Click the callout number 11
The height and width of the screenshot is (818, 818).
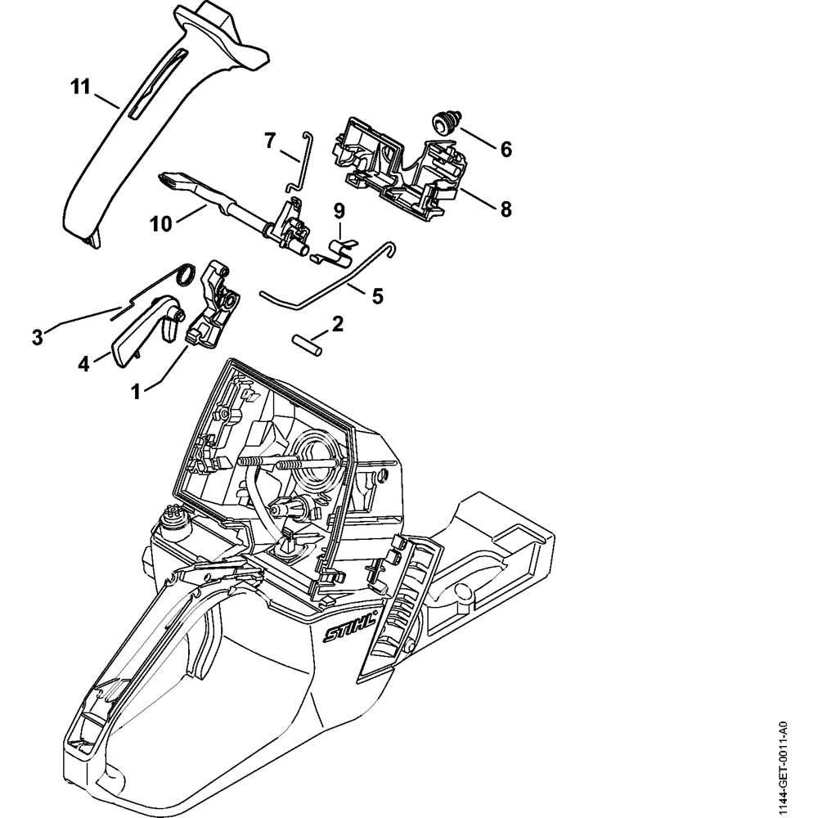pos(79,87)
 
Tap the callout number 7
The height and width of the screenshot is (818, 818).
pos(269,140)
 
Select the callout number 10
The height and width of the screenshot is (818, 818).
pos(161,223)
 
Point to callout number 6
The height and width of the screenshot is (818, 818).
pos(506,149)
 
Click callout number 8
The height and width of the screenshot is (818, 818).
pos(506,209)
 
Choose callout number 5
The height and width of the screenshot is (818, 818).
pos(377,295)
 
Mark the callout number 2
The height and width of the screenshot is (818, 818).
pos(337,325)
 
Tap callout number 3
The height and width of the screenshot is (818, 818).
pos(37,336)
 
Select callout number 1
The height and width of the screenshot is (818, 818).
pos(138,391)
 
